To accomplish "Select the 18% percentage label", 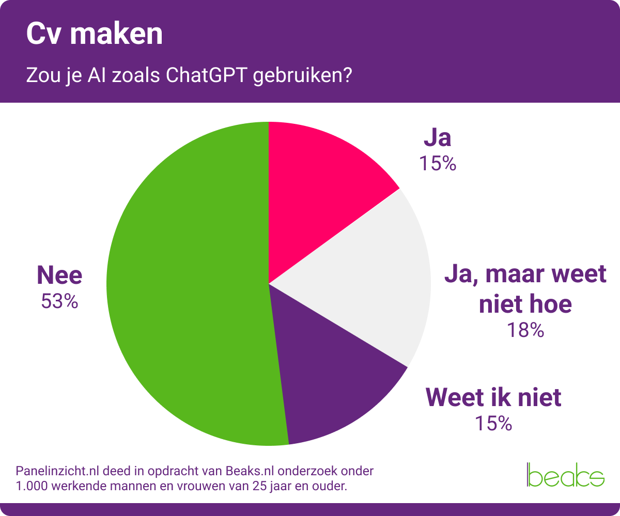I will click(525, 330).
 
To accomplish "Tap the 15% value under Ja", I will click(438, 164).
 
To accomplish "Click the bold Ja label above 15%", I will click(438, 138).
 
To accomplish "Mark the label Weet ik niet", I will click(493, 398).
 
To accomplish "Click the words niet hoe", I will click(525, 304).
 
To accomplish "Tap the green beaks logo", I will click(565, 475).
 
